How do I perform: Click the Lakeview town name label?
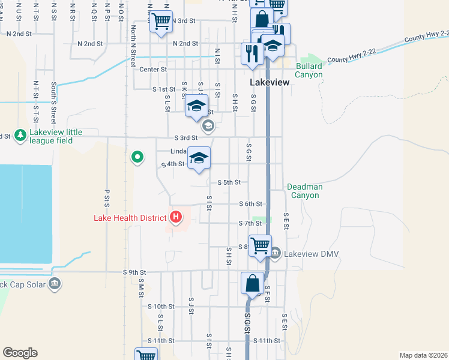click(x=270, y=82)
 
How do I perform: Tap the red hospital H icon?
click(x=176, y=217)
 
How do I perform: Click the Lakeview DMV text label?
click(x=312, y=254)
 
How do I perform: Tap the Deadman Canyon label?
click(x=305, y=191)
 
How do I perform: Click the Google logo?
click(x=20, y=353)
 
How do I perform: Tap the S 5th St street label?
click(x=229, y=182)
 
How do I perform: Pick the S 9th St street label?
click(x=134, y=272)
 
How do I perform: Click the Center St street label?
click(x=152, y=69)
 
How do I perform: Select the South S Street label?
click(x=54, y=95)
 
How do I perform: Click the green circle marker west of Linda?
click(x=137, y=158)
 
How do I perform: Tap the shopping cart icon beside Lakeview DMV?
click(x=260, y=245)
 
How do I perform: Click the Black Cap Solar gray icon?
click(x=55, y=283)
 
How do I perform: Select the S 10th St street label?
click(x=161, y=306)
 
